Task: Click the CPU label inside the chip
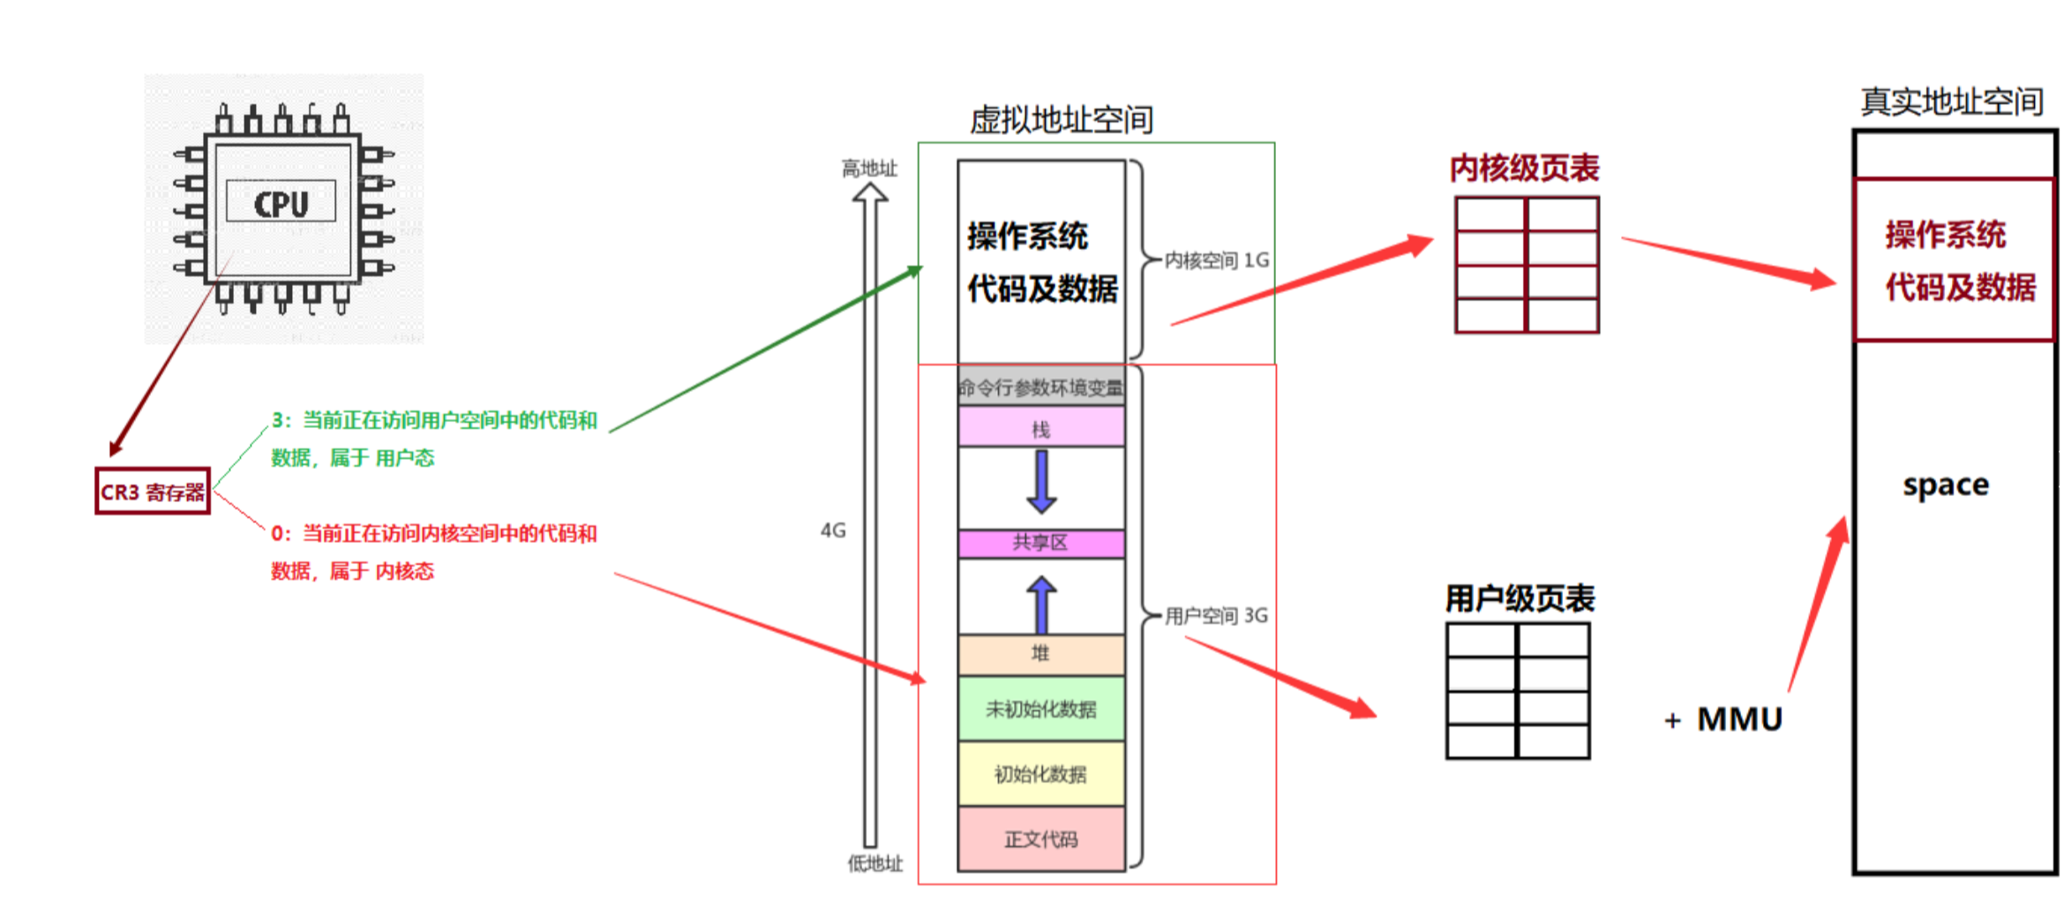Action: (x=281, y=204)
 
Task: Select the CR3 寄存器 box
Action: (x=153, y=492)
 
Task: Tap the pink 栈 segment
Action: (x=1041, y=429)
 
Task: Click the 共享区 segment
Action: (x=1041, y=543)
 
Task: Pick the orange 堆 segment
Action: (x=1041, y=654)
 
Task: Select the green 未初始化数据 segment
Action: (x=1041, y=709)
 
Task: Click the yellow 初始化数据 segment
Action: (x=1041, y=774)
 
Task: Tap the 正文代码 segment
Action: (x=1041, y=839)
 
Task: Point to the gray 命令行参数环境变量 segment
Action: (x=1041, y=387)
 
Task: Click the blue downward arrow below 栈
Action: (x=1041, y=482)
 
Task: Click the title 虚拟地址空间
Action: (x=1062, y=120)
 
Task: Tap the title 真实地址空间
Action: (x=1952, y=102)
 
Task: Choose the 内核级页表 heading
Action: (x=1525, y=169)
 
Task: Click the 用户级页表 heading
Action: (x=1520, y=599)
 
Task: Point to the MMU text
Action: (x=1739, y=719)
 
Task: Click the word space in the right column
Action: (x=1946, y=485)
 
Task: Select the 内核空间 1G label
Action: (x=1217, y=260)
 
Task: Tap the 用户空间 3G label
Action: (x=1216, y=616)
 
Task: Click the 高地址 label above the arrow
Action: (x=869, y=169)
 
